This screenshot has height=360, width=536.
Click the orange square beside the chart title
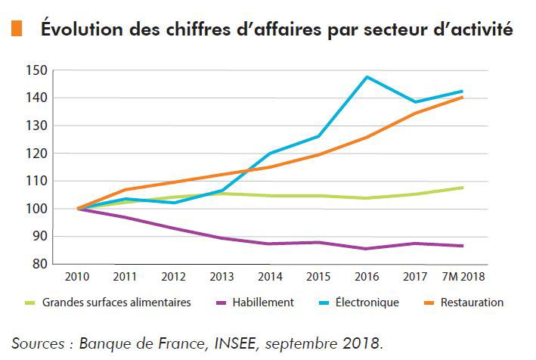click(16, 29)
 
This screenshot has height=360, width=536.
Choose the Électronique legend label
click(366, 303)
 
